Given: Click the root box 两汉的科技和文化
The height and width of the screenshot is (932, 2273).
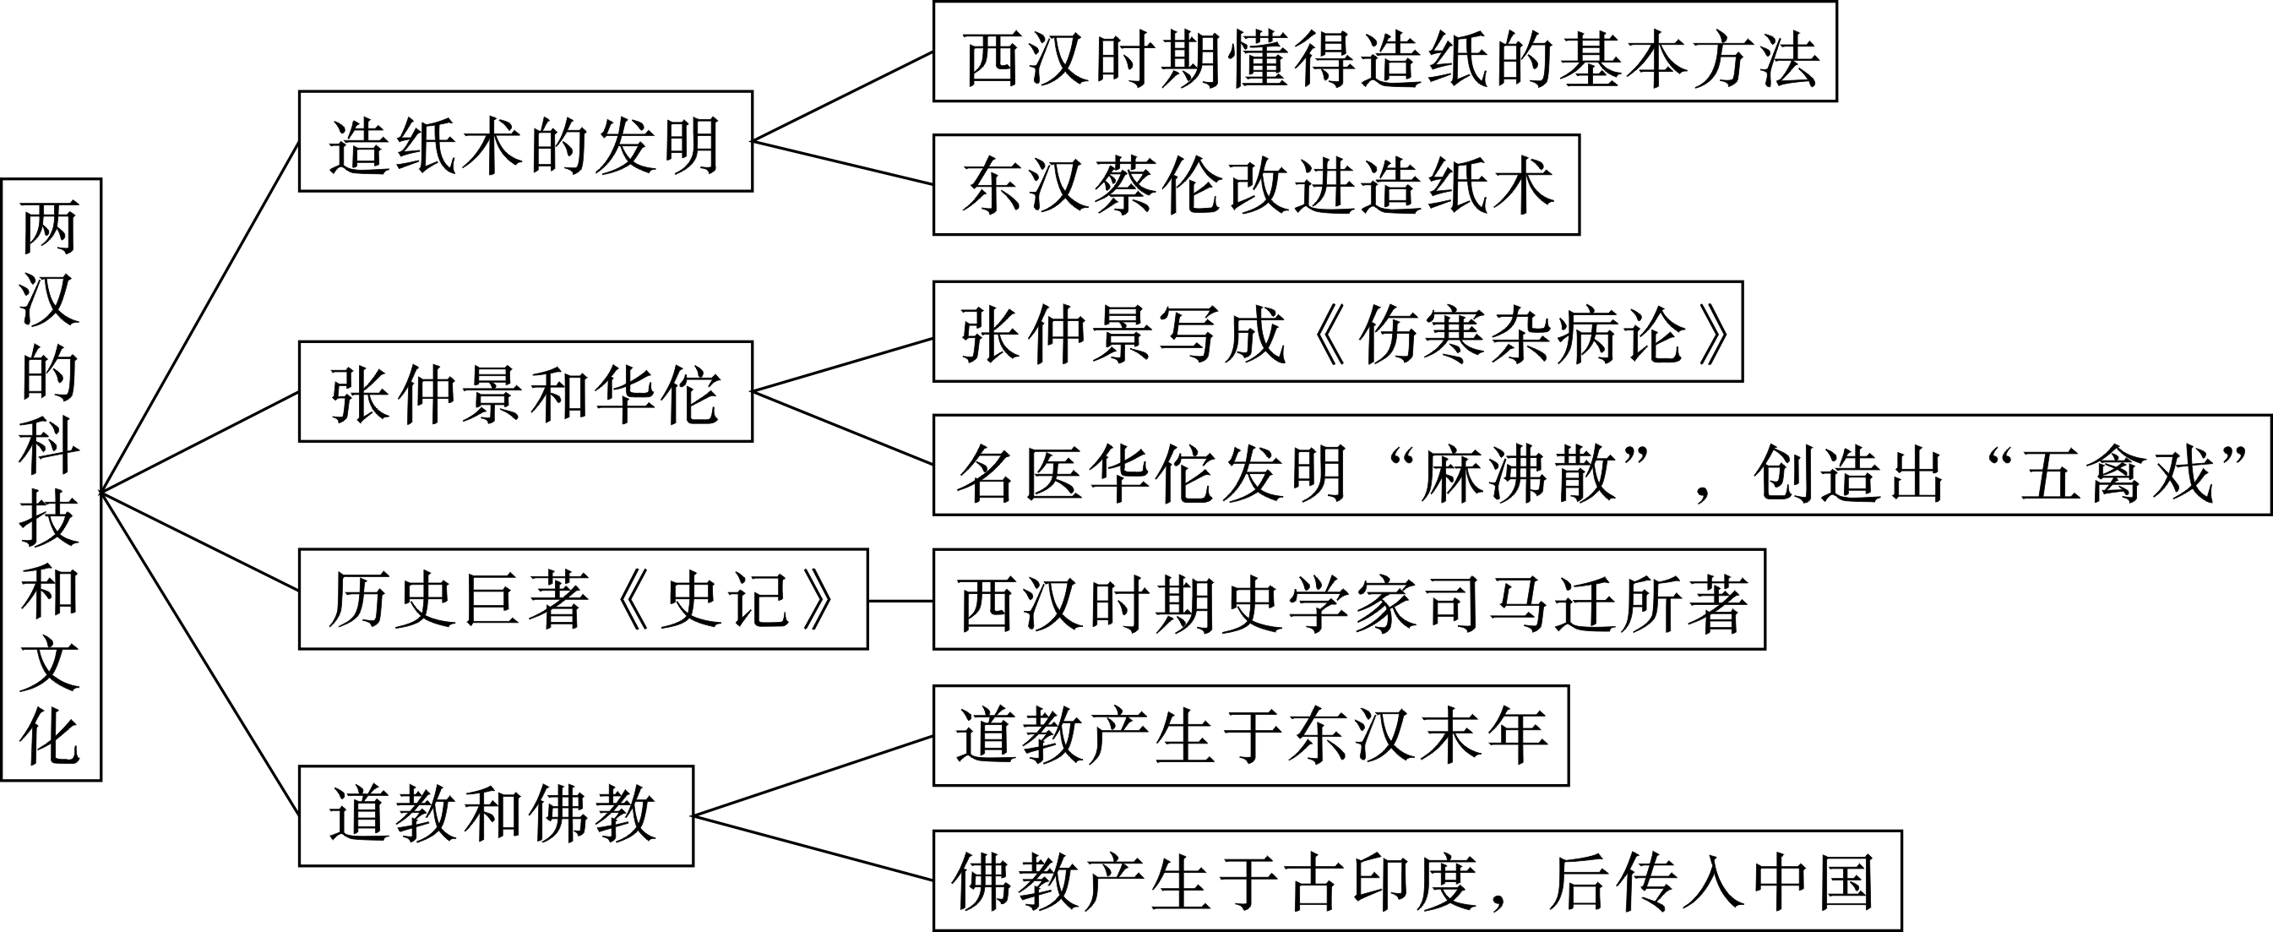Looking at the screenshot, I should pyautogui.click(x=52, y=479).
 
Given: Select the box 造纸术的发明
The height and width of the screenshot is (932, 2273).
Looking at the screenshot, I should pyautogui.click(x=525, y=141).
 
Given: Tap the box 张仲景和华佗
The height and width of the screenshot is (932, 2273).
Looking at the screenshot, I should pyautogui.click(x=525, y=392).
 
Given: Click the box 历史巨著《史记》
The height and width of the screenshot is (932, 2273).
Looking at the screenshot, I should pyautogui.click(x=582, y=599).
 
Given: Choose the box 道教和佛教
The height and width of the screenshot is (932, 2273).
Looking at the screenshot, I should pyautogui.click(x=496, y=815).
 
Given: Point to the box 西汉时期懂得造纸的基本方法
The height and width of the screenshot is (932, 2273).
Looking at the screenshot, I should pyautogui.click(x=1384, y=52).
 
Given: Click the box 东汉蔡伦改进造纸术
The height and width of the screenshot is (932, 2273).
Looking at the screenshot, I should pyautogui.click(x=1256, y=184).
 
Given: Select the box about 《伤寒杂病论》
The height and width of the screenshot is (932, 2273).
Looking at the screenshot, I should pyautogui.click(x=1338, y=332).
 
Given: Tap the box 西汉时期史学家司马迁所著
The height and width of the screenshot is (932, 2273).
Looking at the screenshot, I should pyautogui.click(x=1349, y=599).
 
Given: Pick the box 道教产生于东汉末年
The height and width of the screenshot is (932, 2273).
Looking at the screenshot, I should pyautogui.click(x=1250, y=735).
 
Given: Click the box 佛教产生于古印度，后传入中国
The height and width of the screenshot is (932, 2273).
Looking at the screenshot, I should pyautogui.click(x=1417, y=880).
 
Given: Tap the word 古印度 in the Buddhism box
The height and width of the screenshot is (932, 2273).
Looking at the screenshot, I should pyautogui.click(x=1383, y=880).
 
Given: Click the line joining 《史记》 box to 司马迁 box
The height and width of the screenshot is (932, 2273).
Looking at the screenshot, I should pyautogui.click(x=900, y=600).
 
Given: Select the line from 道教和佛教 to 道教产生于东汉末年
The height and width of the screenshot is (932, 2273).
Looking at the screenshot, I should pyautogui.click(x=812, y=776).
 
